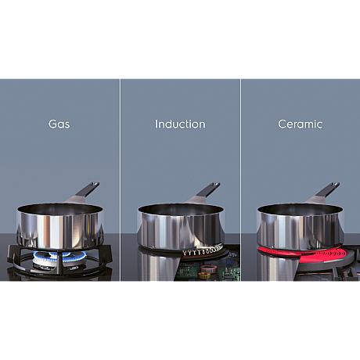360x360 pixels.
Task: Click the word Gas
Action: tap(60, 124)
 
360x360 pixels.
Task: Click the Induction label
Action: tap(180, 124)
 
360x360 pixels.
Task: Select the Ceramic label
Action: tap(300, 124)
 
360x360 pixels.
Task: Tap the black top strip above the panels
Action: tap(180, 39)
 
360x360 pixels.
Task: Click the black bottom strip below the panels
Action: tap(180, 321)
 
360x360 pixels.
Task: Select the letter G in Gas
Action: tap(52, 124)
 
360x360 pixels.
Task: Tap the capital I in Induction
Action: tap(157, 124)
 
